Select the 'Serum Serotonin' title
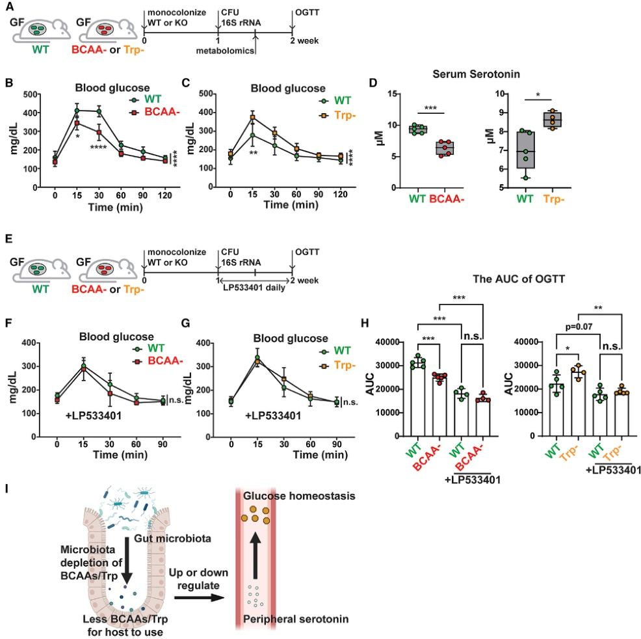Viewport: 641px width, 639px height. point(477,75)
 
